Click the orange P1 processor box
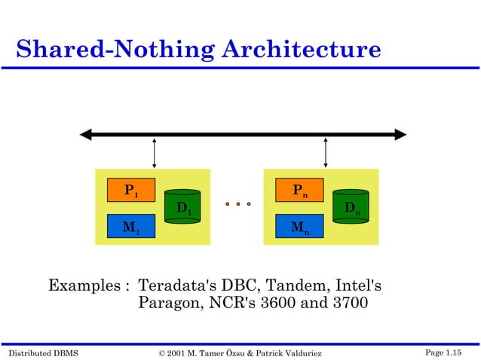pyautogui.click(x=130, y=190)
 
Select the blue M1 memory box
pyautogui.click(x=130, y=226)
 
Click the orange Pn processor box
pyautogui.click(x=299, y=190)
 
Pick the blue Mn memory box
pyautogui.click(x=299, y=226)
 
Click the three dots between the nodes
pyautogui.click(x=237, y=203)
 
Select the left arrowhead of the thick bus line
pyautogui.click(x=87, y=135)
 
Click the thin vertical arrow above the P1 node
pyautogui.click(x=154, y=153)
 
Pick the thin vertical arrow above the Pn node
pyautogui.click(x=325, y=153)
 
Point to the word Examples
pyautogui.click(x=83, y=286)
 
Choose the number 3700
pyautogui.click(x=348, y=304)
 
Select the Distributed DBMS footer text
pyautogui.click(x=43, y=352)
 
